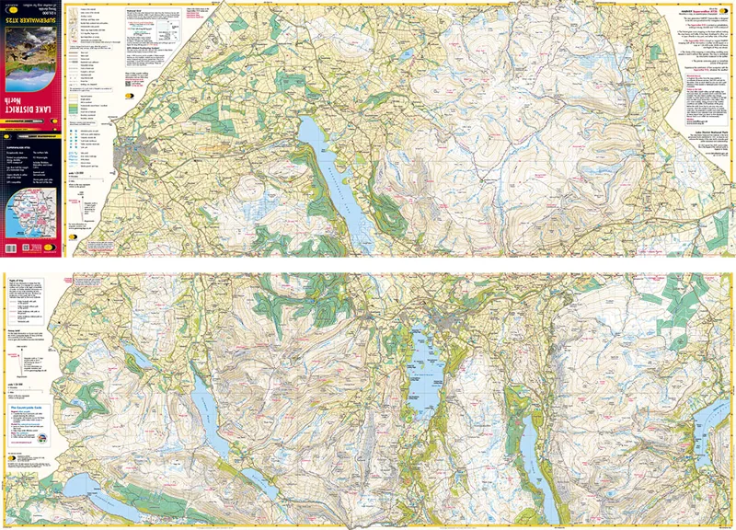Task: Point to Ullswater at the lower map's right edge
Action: [x=713, y=423]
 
